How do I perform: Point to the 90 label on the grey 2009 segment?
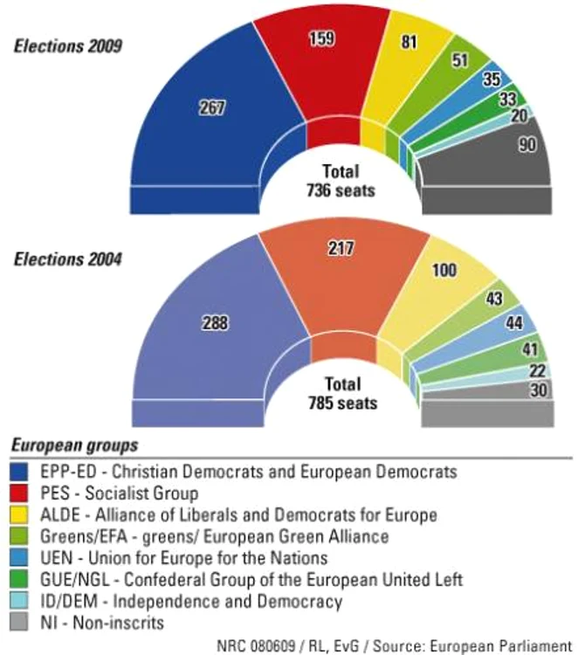pyautogui.click(x=527, y=146)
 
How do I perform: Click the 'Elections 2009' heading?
pyautogui.click(x=68, y=45)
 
